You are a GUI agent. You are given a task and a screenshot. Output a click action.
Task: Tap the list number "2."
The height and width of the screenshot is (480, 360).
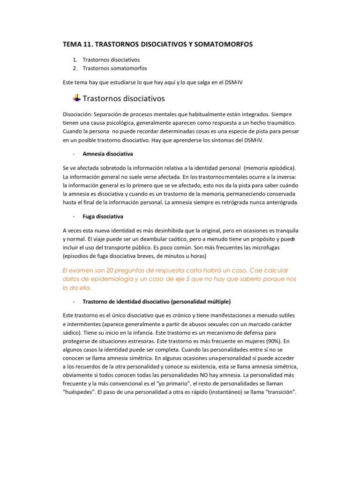(75, 68)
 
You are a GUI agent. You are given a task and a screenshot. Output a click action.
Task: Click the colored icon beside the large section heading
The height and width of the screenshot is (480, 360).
(76, 98)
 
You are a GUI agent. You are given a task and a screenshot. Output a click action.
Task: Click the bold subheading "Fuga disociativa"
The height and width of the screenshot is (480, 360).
(103, 217)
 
